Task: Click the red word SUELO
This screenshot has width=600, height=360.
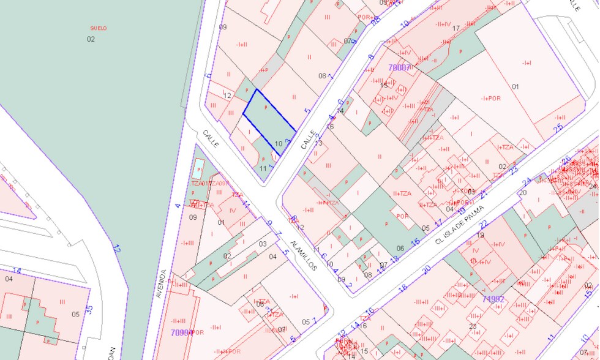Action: click(x=98, y=28)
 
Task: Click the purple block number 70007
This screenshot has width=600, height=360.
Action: click(x=399, y=67)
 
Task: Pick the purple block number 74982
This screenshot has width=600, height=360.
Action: click(x=493, y=299)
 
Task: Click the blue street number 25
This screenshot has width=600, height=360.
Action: click(x=558, y=128)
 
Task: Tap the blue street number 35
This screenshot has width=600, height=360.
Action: click(x=89, y=310)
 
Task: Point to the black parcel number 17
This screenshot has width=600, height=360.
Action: click(x=456, y=28)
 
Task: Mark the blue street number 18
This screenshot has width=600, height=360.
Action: click(x=402, y=288)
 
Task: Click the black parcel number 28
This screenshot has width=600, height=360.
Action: click(x=472, y=326)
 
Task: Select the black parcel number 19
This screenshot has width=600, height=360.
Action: click(x=481, y=235)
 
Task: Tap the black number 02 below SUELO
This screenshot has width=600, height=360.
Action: click(x=91, y=39)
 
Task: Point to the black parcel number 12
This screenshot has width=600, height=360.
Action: click(x=227, y=96)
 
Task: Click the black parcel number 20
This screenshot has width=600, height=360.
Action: click(x=523, y=193)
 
